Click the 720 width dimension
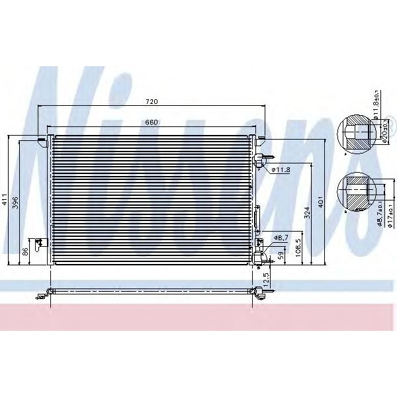(x=152, y=102)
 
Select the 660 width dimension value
(x=152, y=122)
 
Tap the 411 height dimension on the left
(x=5, y=200)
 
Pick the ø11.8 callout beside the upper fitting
(x=282, y=170)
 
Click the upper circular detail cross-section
(x=355, y=136)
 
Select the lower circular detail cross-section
(x=355, y=193)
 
